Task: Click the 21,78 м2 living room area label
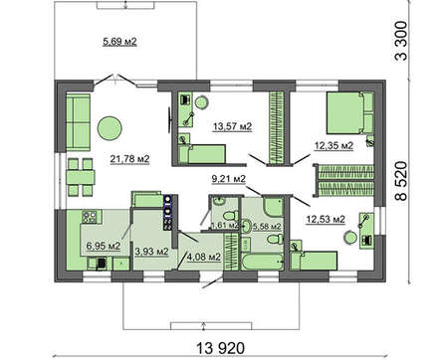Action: [129, 159]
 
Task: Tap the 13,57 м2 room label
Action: [232, 126]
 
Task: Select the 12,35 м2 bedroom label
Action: [333, 145]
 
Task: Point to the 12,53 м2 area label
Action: [326, 219]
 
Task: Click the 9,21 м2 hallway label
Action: [229, 179]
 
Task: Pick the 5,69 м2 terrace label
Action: [119, 42]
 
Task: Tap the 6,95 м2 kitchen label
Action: [103, 246]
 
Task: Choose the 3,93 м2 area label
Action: [151, 252]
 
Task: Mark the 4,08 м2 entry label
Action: [204, 257]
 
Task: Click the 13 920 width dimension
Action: [221, 348]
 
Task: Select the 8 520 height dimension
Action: [401, 181]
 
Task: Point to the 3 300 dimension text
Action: [401, 41]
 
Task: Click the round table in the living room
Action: [110, 128]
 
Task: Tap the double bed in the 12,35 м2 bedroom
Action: [350, 113]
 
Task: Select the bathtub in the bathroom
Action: [263, 262]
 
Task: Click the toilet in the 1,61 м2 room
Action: [229, 217]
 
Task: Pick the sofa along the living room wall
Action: [78, 122]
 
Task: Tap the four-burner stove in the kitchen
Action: [89, 217]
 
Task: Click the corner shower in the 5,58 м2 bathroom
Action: [274, 207]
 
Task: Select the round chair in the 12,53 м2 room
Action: [349, 238]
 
